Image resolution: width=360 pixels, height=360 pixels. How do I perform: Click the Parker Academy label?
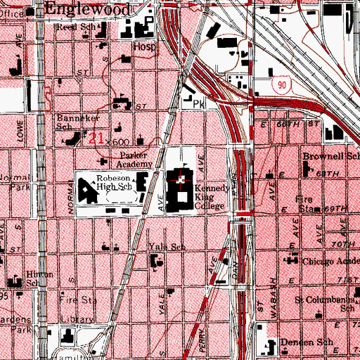click(x=136, y=160)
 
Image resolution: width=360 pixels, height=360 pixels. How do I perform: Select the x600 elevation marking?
click(x=119, y=141)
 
